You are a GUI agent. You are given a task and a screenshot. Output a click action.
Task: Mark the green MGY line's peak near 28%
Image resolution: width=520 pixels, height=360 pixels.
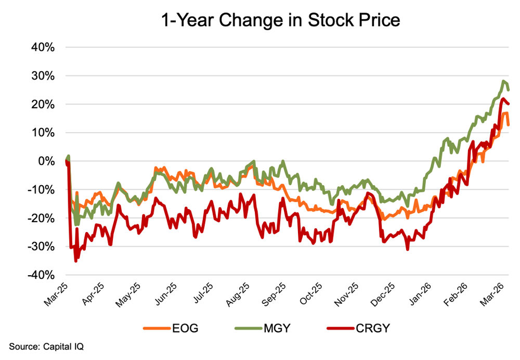(x=503, y=81)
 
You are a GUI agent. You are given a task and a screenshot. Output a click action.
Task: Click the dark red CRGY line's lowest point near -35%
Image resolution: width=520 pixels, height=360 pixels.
(x=75, y=261)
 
